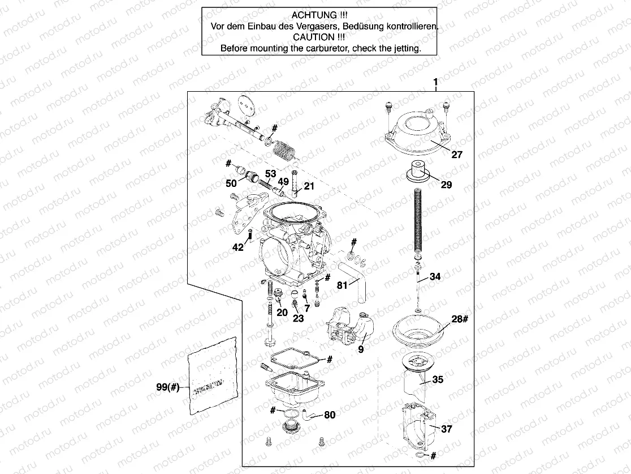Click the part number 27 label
[456, 153]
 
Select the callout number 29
[446, 185]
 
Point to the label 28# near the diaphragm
[459, 319]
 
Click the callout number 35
[438, 379]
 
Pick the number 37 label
[446, 429]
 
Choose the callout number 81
[343, 285]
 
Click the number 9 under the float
[361, 349]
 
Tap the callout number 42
[238, 247]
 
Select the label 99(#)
[168, 387]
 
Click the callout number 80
[329, 415]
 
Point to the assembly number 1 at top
[435, 83]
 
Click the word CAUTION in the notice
[319, 37]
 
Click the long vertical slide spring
[419, 223]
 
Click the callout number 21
[309, 186]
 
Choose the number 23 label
[298, 318]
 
